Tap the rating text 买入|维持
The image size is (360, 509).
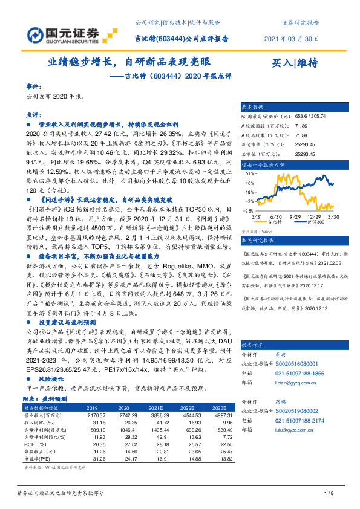(x=296, y=62)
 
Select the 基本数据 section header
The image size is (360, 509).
(x=254, y=106)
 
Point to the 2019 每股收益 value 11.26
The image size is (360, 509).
(x=96, y=450)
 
